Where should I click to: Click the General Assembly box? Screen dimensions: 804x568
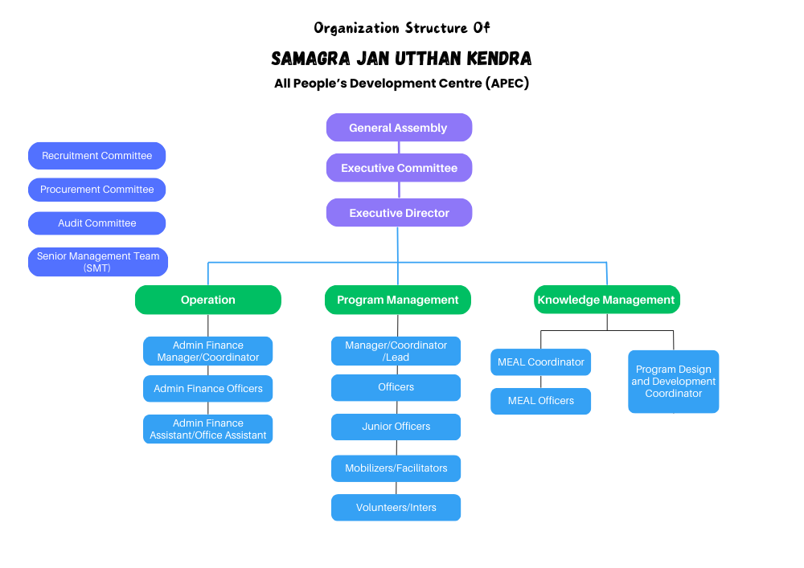[x=399, y=128]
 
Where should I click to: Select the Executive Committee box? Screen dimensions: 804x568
[x=399, y=168]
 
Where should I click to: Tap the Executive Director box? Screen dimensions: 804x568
[x=399, y=213]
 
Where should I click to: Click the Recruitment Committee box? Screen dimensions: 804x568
[x=97, y=156]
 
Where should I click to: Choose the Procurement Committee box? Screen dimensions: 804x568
[x=97, y=190]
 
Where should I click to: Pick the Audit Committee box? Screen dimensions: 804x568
[x=97, y=223]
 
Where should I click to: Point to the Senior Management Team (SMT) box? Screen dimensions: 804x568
[x=98, y=262]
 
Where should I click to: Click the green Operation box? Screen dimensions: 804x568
[x=208, y=300]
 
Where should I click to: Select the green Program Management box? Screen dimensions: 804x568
[x=398, y=300]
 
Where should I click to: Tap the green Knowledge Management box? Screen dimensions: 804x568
[x=607, y=300]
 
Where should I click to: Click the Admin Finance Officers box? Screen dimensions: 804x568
[x=207, y=388]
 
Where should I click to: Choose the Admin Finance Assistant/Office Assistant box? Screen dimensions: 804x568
[x=207, y=429]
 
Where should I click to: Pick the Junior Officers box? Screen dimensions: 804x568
[x=396, y=427]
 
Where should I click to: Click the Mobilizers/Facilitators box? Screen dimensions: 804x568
[x=396, y=468]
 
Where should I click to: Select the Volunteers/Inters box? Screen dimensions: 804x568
[x=396, y=508]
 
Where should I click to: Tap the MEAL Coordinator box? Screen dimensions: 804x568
[x=541, y=362]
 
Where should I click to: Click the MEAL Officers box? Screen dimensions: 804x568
[x=541, y=401]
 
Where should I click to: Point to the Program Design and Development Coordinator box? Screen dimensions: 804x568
[x=673, y=382]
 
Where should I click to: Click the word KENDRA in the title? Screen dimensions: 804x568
[x=499, y=59]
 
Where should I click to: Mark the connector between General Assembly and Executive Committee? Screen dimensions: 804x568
[x=399, y=148]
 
